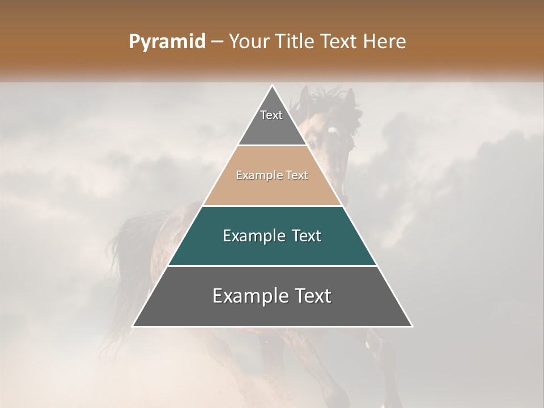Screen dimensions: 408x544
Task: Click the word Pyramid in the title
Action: point(167,42)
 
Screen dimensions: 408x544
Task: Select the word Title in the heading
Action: point(297,41)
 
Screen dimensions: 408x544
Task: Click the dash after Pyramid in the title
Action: point(216,42)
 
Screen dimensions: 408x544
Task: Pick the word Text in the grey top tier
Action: point(271,115)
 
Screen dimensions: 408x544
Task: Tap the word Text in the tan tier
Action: point(297,175)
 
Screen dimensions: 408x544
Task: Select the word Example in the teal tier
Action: point(253,236)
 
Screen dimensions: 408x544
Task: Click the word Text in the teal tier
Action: point(307,236)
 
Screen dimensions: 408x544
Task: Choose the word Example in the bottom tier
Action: point(248,296)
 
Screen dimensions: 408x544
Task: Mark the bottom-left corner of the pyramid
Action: point(133,326)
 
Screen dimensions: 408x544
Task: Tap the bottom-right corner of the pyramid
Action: point(412,326)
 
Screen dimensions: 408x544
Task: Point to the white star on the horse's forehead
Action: point(331,130)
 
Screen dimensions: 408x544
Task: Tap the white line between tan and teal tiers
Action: point(273,206)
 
